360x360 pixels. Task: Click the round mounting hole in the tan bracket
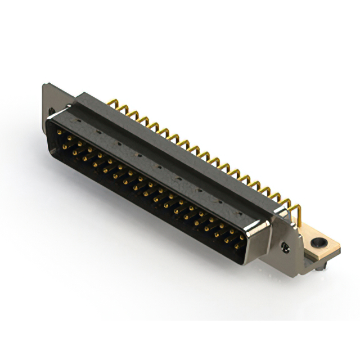pos(319,243)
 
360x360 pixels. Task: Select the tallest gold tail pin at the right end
pos(299,214)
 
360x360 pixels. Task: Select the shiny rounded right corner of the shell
pos(260,231)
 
